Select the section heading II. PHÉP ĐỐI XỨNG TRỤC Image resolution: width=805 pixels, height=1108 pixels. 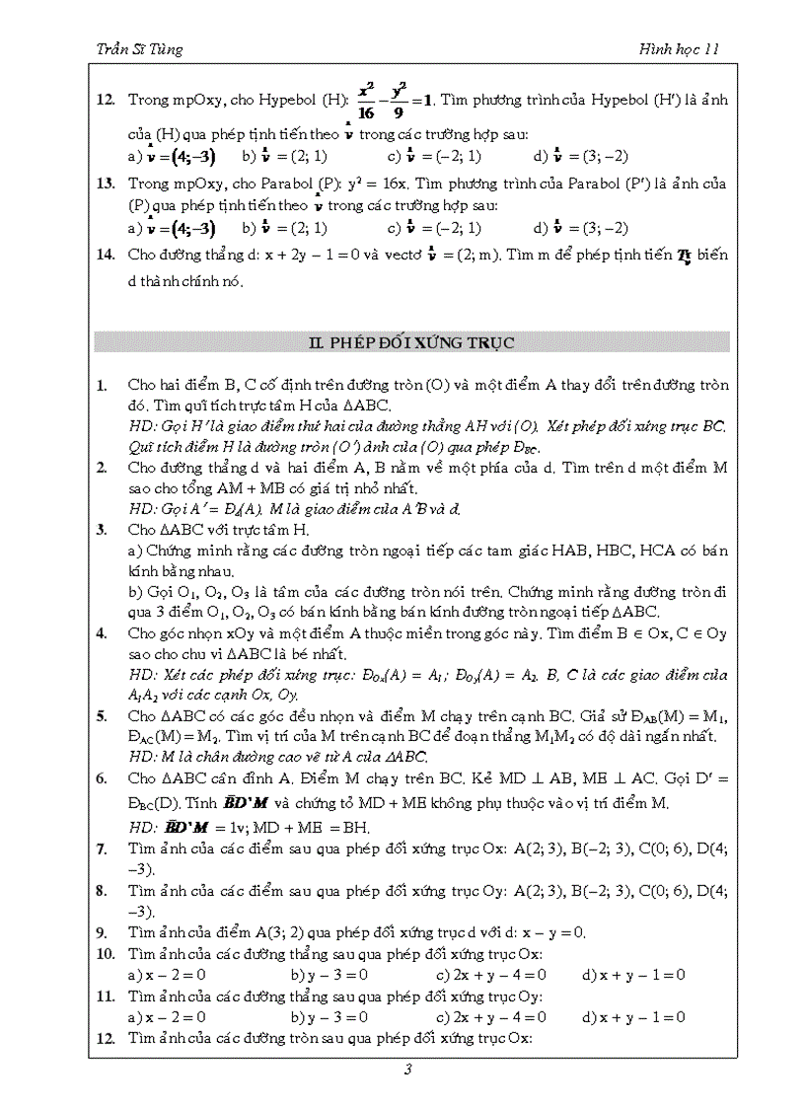click(x=411, y=343)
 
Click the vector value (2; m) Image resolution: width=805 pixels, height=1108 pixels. click(x=473, y=256)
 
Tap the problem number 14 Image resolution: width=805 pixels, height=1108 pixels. click(x=106, y=256)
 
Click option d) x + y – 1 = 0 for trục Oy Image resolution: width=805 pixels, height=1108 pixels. click(x=633, y=1016)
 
